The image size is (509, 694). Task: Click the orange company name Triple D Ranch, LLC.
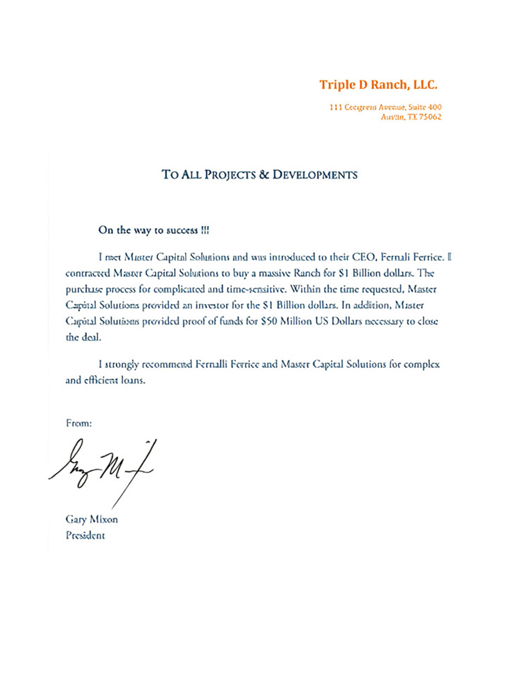[378, 85]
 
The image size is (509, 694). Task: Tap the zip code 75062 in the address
[431, 116]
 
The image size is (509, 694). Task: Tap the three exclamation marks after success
[205, 230]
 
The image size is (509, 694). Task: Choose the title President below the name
[86, 535]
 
